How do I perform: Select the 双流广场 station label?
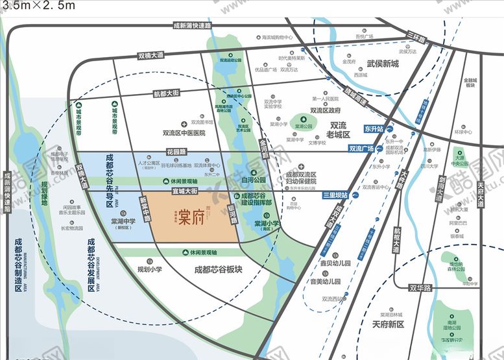pos(361,149)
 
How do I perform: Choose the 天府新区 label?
pos(389,324)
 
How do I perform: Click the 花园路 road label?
pos(176,152)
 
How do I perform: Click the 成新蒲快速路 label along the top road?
pos(192,26)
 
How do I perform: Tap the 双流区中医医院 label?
pos(184,132)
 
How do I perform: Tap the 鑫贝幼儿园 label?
pos(335,263)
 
